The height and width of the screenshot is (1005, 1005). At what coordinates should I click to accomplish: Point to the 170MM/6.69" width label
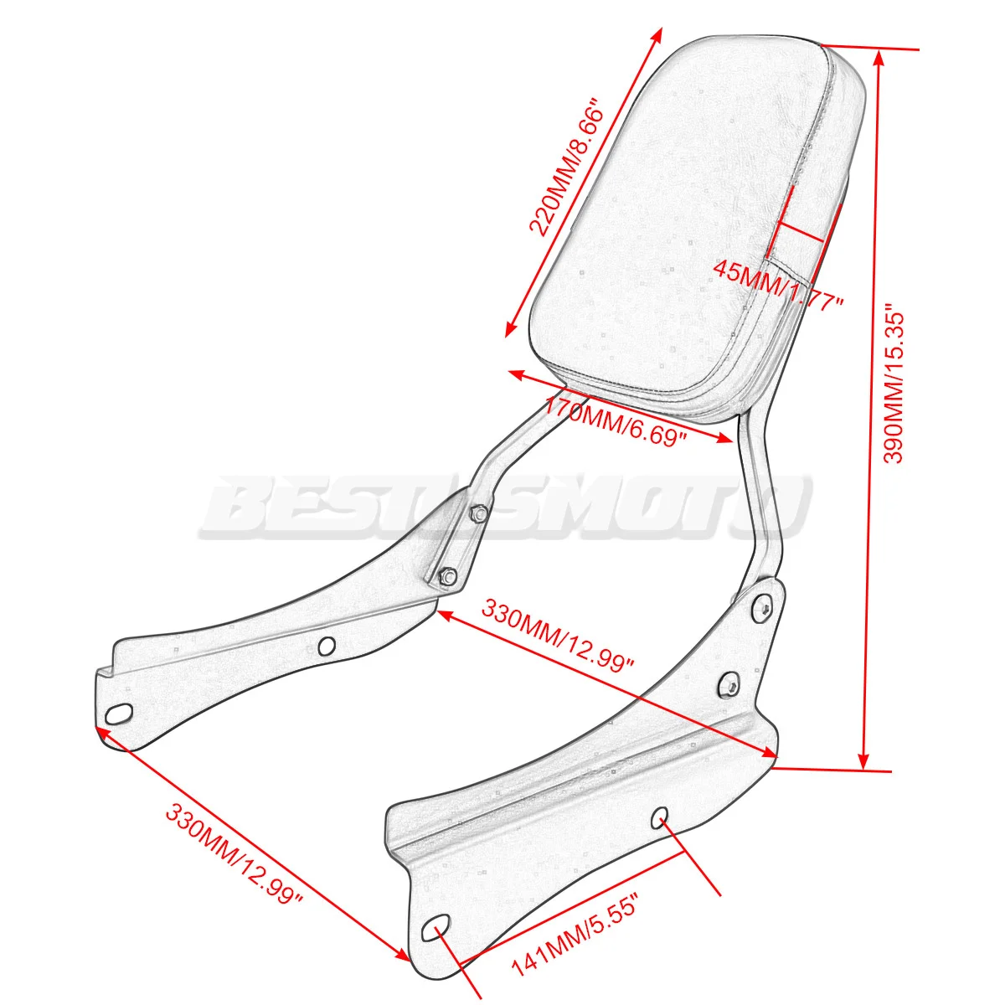coord(615,422)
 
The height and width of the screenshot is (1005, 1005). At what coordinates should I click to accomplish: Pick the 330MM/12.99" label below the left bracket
coord(234,853)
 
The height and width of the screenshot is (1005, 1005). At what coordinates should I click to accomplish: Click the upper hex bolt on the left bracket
coord(479,513)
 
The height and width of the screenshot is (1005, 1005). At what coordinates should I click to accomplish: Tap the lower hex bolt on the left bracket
coord(446,576)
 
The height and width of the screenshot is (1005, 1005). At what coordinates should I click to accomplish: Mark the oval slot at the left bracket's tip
coord(119,714)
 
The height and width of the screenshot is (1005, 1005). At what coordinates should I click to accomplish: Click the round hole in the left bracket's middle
coord(327,645)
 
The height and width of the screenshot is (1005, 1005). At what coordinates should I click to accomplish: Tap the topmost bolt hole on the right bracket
coord(763,608)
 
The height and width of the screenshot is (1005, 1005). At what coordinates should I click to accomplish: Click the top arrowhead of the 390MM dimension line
coord(879,57)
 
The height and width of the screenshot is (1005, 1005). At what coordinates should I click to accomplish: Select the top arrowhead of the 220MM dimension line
coord(657,35)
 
